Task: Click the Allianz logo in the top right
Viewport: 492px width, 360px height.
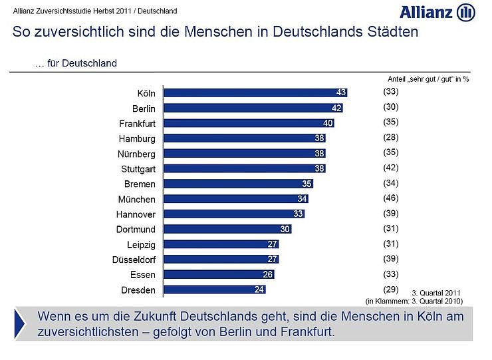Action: point(437,12)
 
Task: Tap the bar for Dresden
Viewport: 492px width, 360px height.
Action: point(215,289)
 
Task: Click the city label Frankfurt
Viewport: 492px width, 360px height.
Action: point(137,124)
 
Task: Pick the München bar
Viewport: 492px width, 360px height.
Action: point(236,199)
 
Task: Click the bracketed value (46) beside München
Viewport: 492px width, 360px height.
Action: point(390,198)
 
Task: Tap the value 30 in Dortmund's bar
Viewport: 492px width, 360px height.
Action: point(285,229)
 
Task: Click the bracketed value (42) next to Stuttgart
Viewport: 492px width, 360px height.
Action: point(390,168)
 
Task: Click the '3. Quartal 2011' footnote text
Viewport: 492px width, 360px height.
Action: point(435,293)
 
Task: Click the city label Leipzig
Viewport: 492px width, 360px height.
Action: point(141,244)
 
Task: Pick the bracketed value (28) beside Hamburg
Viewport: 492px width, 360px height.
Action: point(390,138)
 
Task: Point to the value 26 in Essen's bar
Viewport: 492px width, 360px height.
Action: point(268,274)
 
